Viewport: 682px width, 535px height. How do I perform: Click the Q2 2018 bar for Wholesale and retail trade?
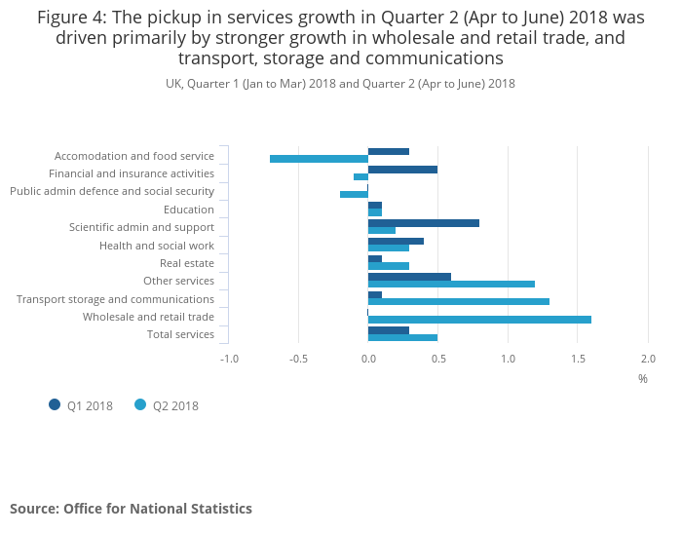coord(479,320)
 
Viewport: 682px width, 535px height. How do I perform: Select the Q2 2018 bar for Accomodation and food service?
coord(319,159)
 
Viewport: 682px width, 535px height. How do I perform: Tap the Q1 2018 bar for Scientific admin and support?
coord(424,223)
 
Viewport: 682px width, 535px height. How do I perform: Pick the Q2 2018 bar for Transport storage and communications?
coord(459,302)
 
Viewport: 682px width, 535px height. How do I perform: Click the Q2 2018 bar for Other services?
coord(451,285)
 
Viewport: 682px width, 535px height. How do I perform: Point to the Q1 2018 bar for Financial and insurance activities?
coord(402,170)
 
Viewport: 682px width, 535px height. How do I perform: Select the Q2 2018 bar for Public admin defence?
coord(354,194)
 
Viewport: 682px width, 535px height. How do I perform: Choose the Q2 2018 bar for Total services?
coord(402,338)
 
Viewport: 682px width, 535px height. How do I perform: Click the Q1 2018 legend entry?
coord(82,405)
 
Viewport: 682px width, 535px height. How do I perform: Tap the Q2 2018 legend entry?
coord(167,405)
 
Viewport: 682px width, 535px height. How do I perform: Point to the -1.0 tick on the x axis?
coord(229,359)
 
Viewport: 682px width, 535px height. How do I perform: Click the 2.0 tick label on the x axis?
coord(648,359)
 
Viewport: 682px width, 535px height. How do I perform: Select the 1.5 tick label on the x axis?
coord(578,359)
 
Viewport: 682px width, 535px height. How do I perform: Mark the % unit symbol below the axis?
coord(643,378)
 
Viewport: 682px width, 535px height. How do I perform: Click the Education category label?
coord(189,210)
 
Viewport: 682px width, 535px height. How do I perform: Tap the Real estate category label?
coord(187,263)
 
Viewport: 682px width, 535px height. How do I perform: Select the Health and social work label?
coord(157,246)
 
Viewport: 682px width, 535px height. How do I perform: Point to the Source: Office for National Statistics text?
coord(131,509)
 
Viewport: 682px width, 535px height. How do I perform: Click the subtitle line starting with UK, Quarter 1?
coord(340,84)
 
